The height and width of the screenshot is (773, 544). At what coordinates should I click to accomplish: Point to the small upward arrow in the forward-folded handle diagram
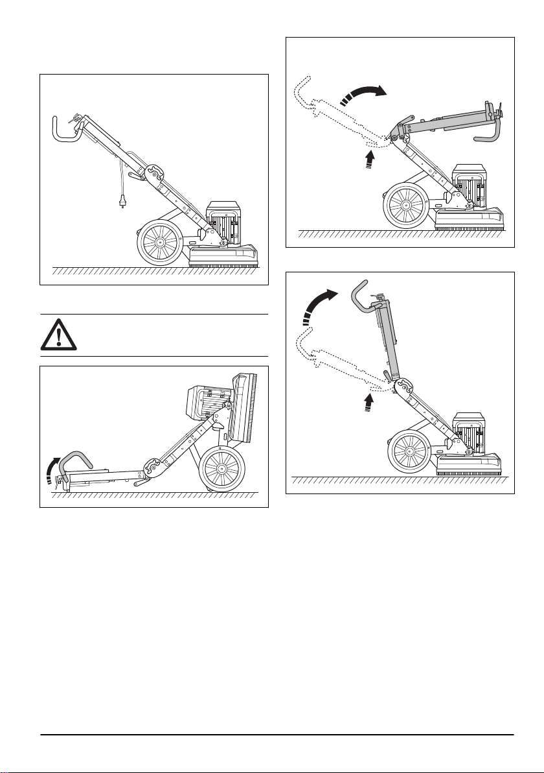pyautogui.click(x=369, y=160)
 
